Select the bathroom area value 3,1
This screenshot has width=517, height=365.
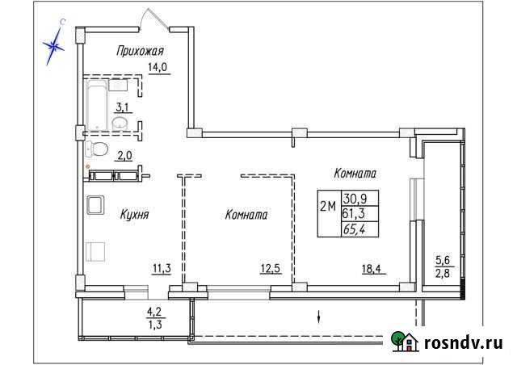[x=124, y=106]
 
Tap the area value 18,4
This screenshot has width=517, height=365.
[x=372, y=270]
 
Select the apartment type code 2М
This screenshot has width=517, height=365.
[x=330, y=206]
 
